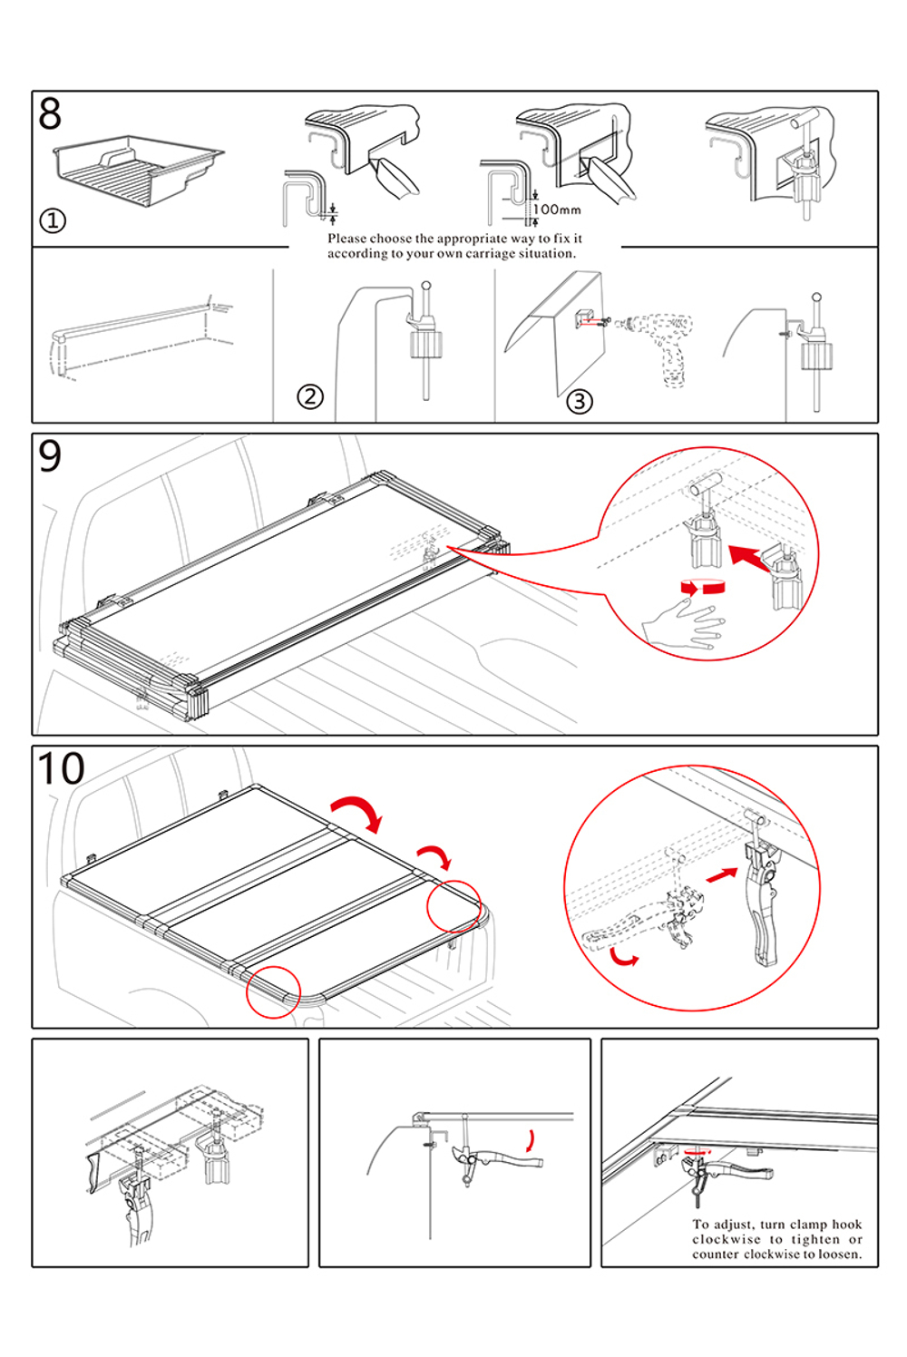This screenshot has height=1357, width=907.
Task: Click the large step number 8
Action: [x=50, y=113]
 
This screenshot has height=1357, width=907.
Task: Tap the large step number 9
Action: [x=50, y=455]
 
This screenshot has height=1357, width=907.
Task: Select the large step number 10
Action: [x=61, y=768]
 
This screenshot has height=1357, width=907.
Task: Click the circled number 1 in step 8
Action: [x=53, y=220]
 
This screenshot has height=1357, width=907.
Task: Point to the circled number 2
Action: [x=309, y=396]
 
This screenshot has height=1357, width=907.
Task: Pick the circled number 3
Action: [x=580, y=401]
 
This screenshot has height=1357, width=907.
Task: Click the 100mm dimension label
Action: [x=557, y=210]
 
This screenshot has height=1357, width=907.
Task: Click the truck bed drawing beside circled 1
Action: [x=139, y=171]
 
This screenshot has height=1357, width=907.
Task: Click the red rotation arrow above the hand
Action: [x=702, y=586]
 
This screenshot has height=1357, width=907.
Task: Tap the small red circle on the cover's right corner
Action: [x=453, y=905]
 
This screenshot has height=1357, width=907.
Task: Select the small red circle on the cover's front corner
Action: [x=273, y=991]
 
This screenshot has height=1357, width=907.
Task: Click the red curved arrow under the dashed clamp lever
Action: [x=623, y=956]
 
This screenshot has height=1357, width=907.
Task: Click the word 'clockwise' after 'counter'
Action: [x=771, y=1254]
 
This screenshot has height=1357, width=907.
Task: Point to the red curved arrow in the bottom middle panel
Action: [x=531, y=1140]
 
